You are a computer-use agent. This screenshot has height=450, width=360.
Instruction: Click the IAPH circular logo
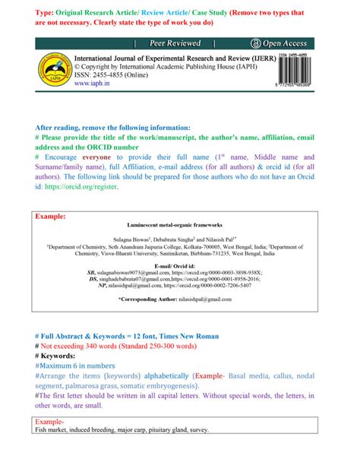point(52,71)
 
